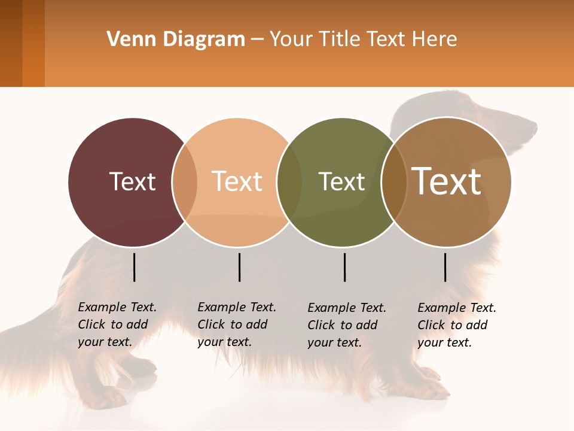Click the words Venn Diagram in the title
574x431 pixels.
(x=176, y=40)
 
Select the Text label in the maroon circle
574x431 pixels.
(x=132, y=181)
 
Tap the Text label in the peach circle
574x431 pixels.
(x=237, y=181)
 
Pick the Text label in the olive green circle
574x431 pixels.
(x=341, y=181)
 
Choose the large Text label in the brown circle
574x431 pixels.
(x=447, y=181)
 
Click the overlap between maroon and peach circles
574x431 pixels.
(x=185, y=182)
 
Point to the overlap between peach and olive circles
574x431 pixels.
(x=289, y=182)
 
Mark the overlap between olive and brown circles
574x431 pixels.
(x=394, y=182)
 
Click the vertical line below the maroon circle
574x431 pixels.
(x=134, y=267)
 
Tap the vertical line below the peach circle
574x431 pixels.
(x=239, y=267)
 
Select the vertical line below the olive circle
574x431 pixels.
(x=344, y=267)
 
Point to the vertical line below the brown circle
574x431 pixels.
(x=445, y=267)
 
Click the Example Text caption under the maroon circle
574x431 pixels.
(x=117, y=324)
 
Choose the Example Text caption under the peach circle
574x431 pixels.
(x=237, y=324)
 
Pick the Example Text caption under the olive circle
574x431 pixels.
(x=347, y=325)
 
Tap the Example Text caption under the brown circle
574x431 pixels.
(x=457, y=325)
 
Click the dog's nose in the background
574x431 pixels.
(x=534, y=128)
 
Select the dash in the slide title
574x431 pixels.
(x=257, y=40)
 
